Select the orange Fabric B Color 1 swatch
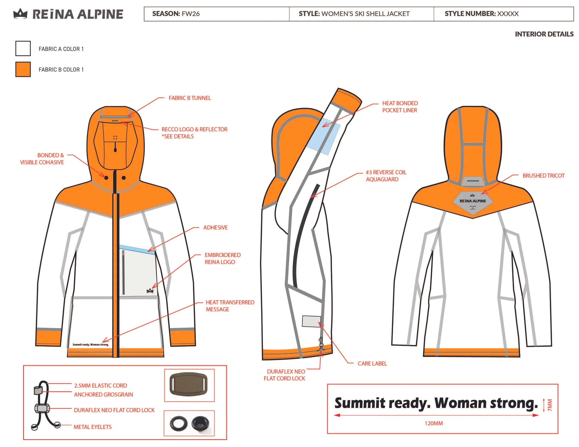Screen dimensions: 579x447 click(23, 69)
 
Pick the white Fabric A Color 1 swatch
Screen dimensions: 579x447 click(23, 48)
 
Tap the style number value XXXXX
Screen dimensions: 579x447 click(508, 14)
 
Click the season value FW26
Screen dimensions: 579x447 click(191, 14)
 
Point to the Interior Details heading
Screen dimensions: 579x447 click(544, 34)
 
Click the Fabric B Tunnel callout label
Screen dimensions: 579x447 click(190, 98)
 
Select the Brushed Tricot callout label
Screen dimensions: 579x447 click(544, 176)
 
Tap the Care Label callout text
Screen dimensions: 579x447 click(372, 363)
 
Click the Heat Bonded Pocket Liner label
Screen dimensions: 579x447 click(400, 107)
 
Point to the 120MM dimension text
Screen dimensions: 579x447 click(434, 423)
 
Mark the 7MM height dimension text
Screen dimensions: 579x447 click(550, 405)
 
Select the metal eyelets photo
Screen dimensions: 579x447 click(189, 423)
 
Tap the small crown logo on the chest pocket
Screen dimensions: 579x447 click(150, 291)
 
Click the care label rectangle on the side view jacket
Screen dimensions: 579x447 click(312, 321)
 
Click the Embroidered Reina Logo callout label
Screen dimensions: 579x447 click(222, 258)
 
